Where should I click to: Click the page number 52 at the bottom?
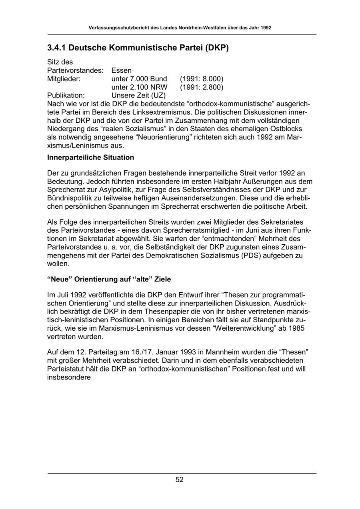[x=180, y=480]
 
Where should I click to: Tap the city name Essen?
[x=122, y=70]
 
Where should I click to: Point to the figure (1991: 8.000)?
[x=202, y=79]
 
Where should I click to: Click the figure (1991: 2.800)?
[x=202, y=87]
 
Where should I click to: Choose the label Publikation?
[x=66, y=96]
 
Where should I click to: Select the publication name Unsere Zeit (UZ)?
[x=138, y=96]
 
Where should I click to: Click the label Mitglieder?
[x=64, y=79]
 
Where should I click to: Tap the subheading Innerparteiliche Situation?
[x=91, y=158]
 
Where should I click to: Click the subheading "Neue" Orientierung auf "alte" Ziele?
[x=109, y=279]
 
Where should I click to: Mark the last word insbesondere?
[x=69, y=377]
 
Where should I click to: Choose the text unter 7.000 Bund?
[x=139, y=79]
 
